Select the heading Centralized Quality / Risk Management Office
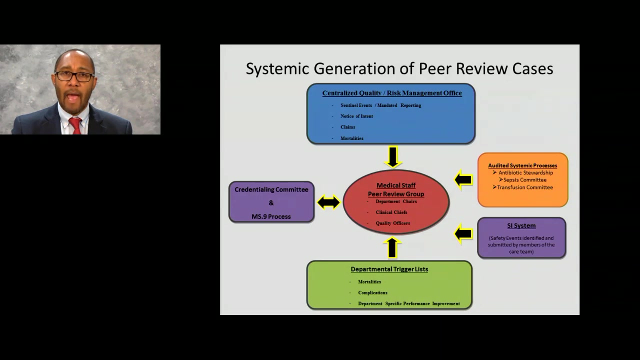click(x=392, y=93)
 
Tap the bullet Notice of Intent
click(x=356, y=116)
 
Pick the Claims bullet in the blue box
click(x=347, y=127)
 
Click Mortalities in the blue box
click(x=351, y=138)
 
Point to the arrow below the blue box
click(x=393, y=157)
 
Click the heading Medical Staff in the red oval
click(x=396, y=185)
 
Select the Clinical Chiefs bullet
click(x=391, y=212)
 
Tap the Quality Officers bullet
click(x=393, y=223)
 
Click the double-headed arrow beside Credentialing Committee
click(x=328, y=202)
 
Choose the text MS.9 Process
click(x=271, y=216)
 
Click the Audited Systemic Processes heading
click(x=522, y=165)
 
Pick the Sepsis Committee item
click(x=522, y=179)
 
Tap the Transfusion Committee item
click(x=522, y=187)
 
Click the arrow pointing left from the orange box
click(x=463, y=179)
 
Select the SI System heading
click(x=521, y=225)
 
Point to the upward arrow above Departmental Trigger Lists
click(x=392, y=248)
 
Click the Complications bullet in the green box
click(x=372, y=292)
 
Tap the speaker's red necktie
click(x=75, y=125)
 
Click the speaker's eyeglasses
click(x=75, y=76)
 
